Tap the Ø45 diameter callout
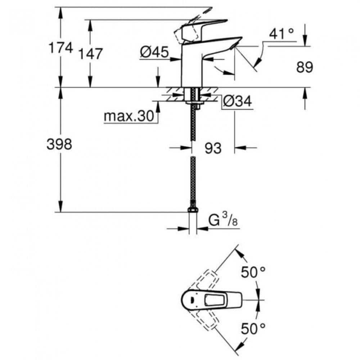click(154, 53)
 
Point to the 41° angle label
click(282, 35)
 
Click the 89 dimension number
click(305, 67)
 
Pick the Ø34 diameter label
click(237, 102)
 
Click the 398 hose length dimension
click(59, 144)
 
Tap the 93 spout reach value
click(213, 148)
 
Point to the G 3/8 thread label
click(222, 219)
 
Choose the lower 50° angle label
click(253, 328)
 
